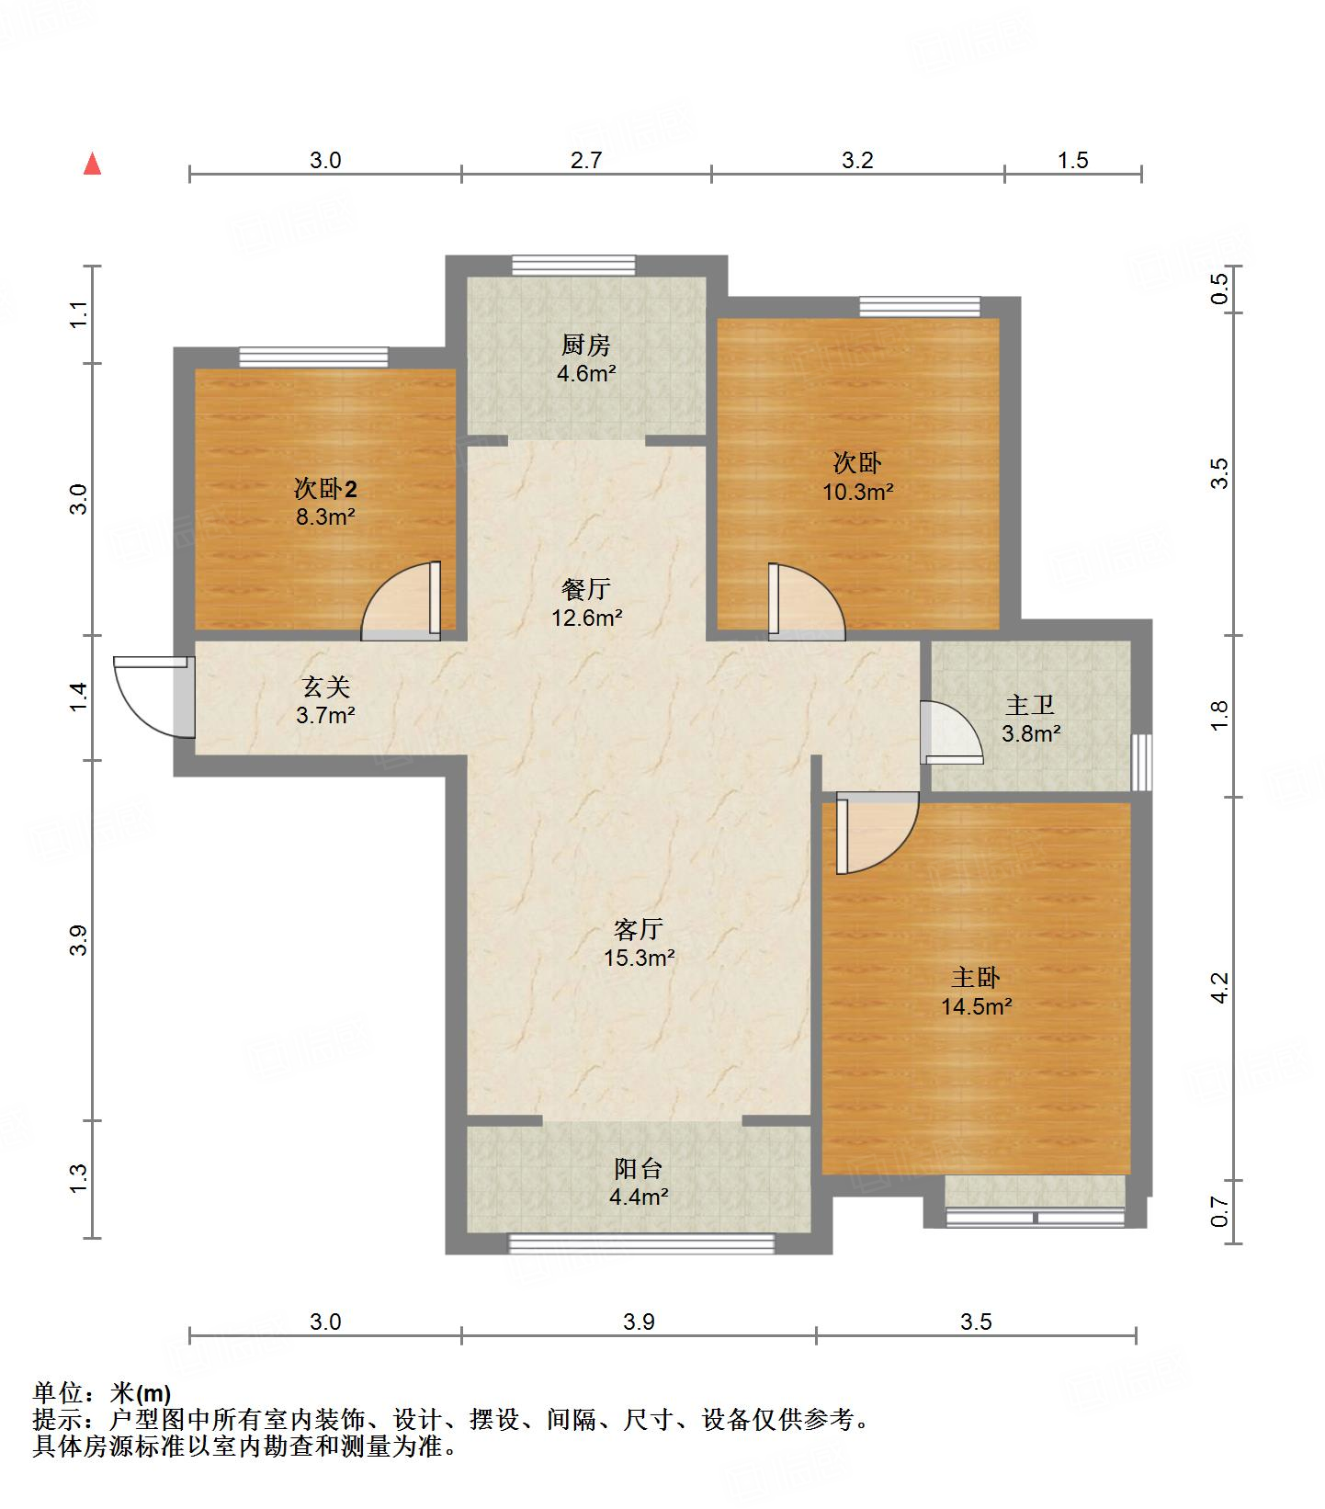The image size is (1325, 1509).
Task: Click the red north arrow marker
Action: point(92,165)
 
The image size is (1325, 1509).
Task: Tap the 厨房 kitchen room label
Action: point(586,346)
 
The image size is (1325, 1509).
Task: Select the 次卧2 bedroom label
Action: point(325,487)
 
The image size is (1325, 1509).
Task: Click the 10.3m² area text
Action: point(857,492)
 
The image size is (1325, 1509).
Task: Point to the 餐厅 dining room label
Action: point(586,588)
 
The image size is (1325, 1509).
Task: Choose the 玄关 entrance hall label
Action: point(325,686)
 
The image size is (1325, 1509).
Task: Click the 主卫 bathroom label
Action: point(1030,705)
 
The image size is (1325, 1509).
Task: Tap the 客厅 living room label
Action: point(639,929)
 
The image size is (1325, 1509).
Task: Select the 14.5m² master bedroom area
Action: point(976,1006)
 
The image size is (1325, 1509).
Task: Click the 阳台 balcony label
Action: point(639,1168)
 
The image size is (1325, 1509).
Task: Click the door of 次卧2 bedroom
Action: point(401,600)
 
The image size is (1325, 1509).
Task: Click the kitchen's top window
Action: point(573,266)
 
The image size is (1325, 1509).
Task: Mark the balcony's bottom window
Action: point(641,1244)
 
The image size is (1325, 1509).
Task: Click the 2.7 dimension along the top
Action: point(586,161)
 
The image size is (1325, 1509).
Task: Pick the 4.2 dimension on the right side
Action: point(1219,989)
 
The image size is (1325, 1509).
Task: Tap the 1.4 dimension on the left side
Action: point(80,697)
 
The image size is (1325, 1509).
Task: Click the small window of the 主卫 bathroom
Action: point(1141,762)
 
